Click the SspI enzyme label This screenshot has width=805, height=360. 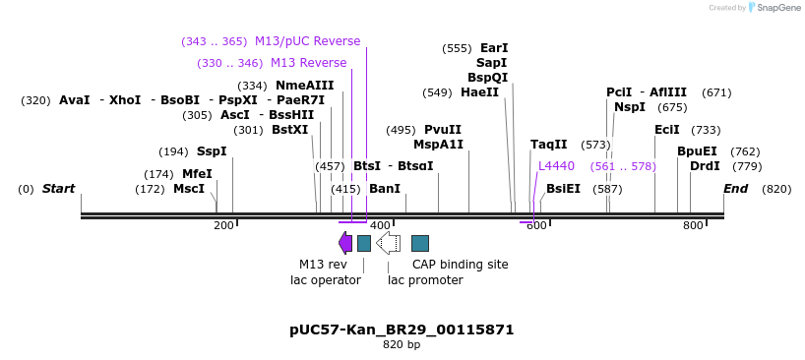212,151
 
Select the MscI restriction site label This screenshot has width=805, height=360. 189,189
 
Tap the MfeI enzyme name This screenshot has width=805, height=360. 197,174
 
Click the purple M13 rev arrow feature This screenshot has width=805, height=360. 345,243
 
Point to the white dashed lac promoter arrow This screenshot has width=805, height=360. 389,243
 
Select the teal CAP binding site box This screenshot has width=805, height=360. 420,243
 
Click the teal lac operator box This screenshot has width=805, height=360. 364,243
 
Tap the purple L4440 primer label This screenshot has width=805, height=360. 556,166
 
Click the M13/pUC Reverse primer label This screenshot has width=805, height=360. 307,41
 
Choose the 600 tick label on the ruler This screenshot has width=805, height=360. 536,226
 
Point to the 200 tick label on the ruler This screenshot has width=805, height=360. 223,226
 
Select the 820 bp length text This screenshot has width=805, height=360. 402,345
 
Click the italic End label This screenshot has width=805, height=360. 735,189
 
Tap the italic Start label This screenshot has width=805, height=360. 58,189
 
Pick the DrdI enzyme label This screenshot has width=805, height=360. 705,166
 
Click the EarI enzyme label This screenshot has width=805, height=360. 494,48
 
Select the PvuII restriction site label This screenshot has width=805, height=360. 443,130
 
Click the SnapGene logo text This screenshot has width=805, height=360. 777,8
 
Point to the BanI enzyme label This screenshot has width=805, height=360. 385,189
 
